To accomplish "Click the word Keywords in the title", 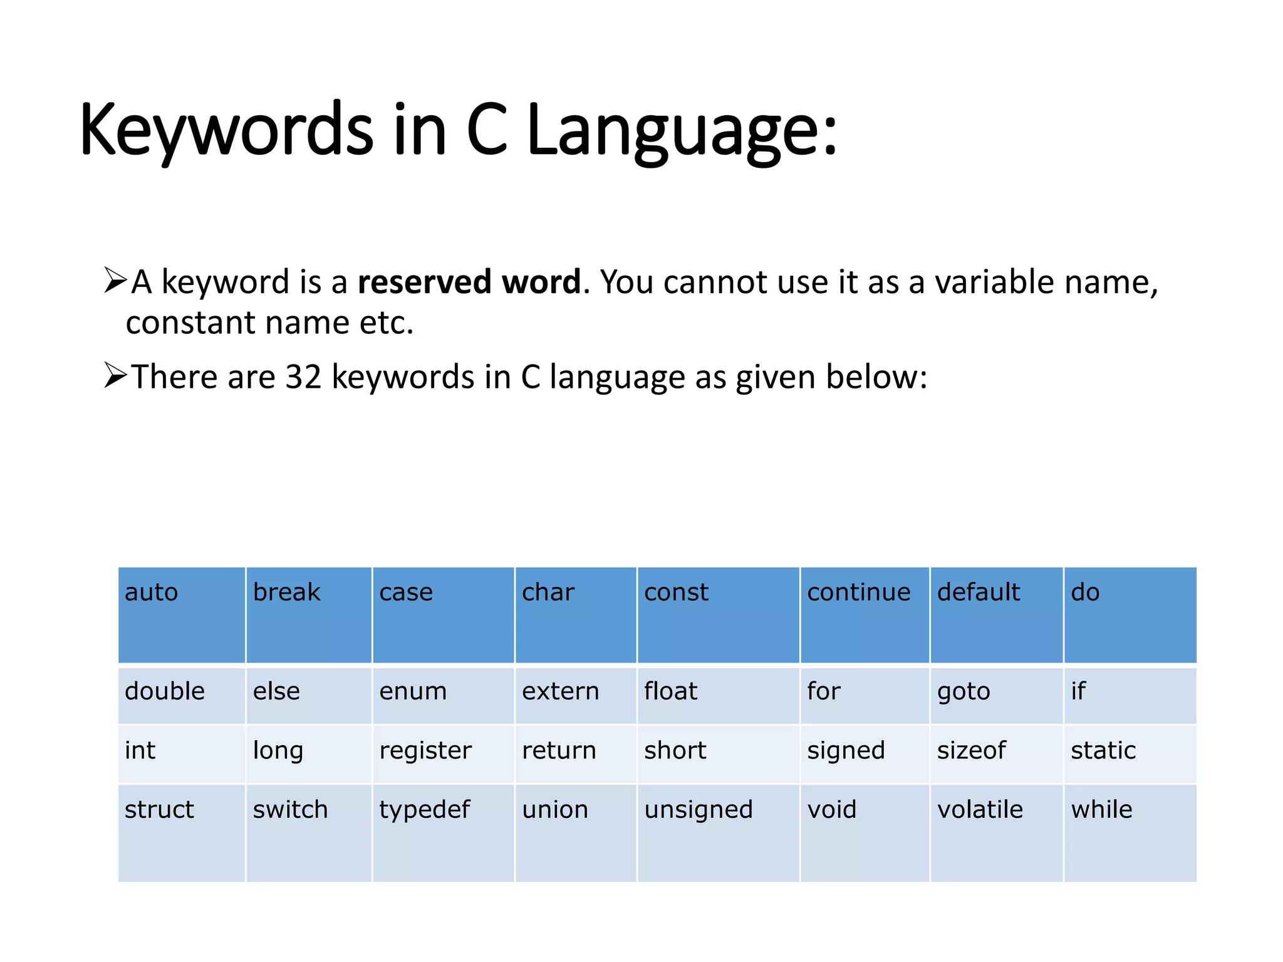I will click(226, 130).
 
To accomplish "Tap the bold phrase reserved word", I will click(469, 282).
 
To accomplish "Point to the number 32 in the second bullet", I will click(303, 377).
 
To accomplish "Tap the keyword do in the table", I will click(1085, 592).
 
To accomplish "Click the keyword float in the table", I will click(670, 691).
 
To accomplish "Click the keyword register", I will click(425, 751).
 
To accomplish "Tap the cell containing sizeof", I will click(971, 750).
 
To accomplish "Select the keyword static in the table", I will click(1103, 750).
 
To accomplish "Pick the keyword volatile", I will click(980, 810).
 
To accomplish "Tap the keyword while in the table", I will click(1101, 810).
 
